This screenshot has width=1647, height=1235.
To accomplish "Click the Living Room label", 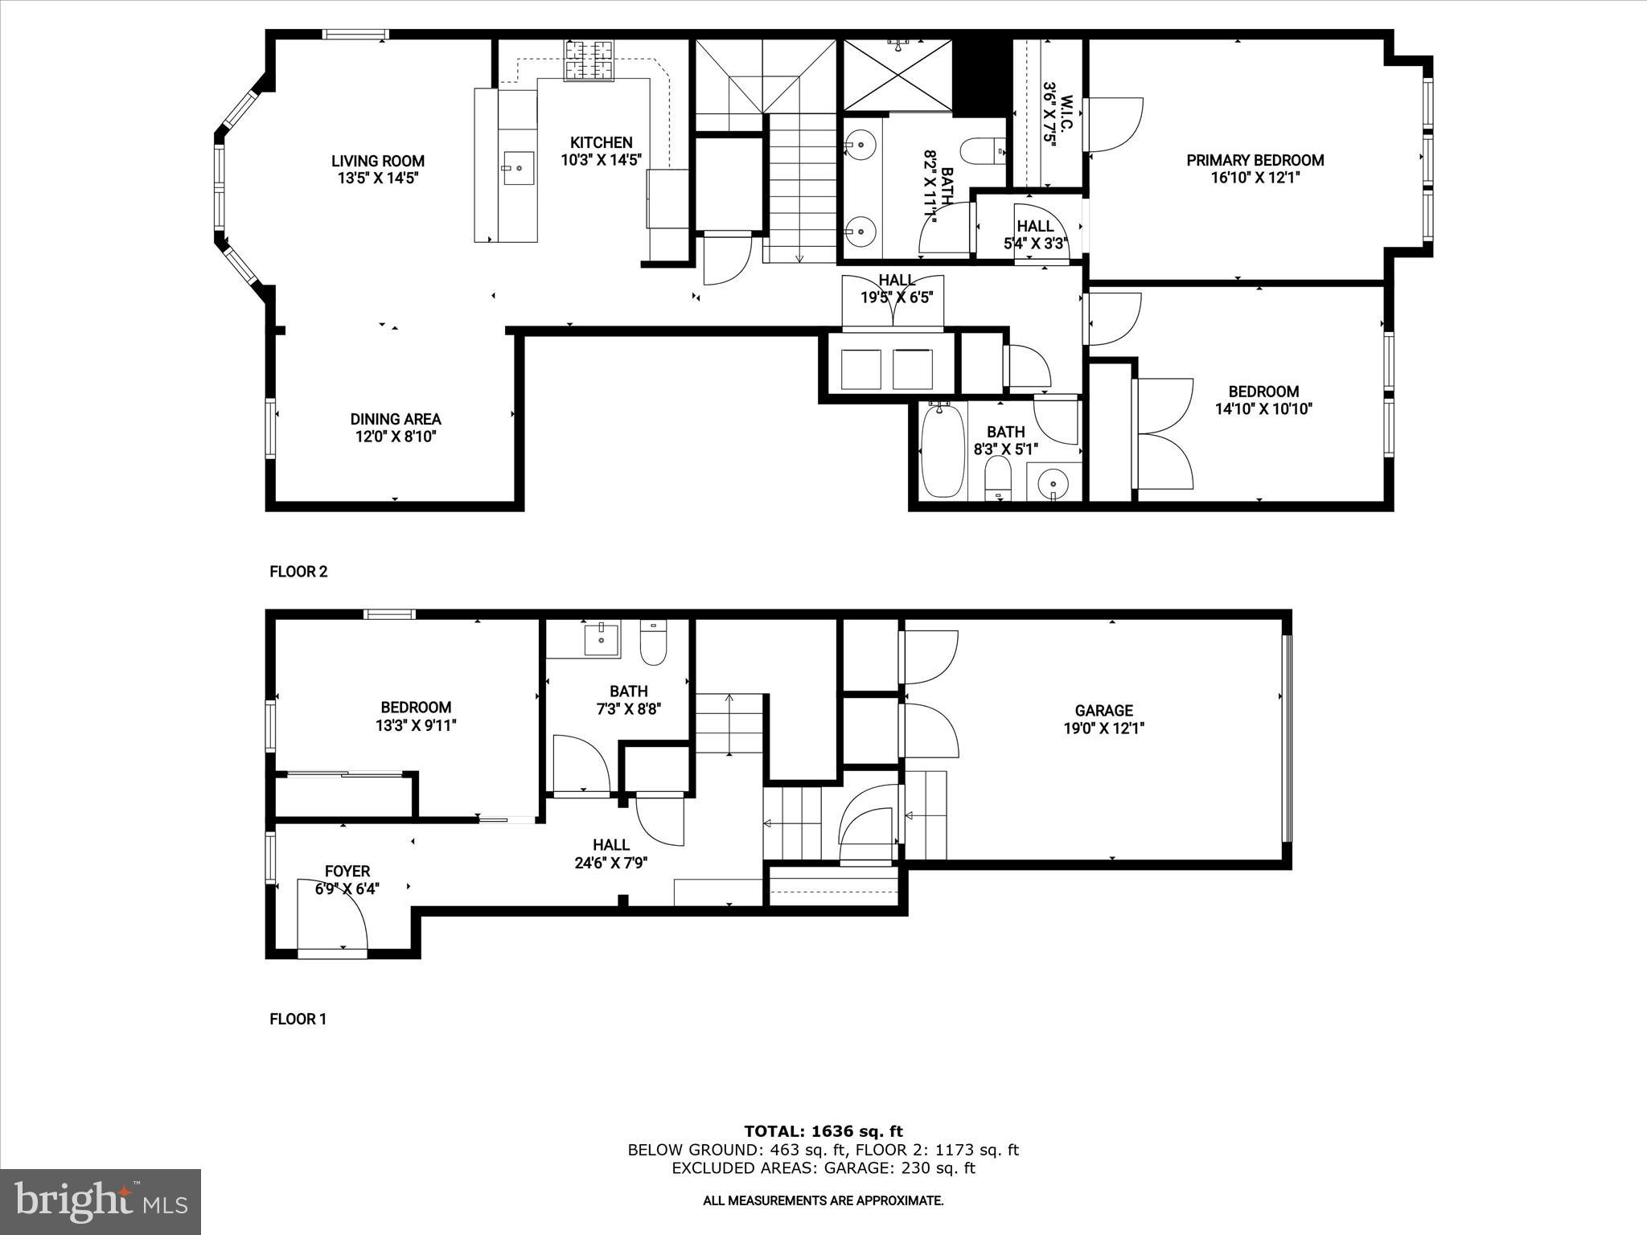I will coord(377,161).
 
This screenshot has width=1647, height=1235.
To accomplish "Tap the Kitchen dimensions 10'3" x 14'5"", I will coord(600,160).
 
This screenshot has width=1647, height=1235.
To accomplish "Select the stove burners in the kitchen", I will coord(588,61).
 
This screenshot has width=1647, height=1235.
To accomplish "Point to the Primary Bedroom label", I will coord(1255,160).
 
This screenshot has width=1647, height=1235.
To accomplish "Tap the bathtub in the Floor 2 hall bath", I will coord(942,453).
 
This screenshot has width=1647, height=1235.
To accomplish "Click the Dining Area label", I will coord(395,419).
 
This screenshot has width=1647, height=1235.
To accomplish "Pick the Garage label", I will coord(1103,710).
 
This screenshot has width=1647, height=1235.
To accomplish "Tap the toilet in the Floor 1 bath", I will coord(653,643).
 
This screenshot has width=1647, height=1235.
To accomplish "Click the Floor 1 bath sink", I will coord(602,639).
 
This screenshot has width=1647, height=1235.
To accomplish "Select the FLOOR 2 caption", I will coord(298,572).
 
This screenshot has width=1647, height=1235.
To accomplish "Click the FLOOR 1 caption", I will coord(298,1019).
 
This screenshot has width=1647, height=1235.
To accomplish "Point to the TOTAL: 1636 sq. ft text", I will coord(823,1131).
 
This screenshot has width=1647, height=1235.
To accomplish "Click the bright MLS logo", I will coord(100,1201).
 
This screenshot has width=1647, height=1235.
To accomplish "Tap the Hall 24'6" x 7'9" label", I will coord(611,854).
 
